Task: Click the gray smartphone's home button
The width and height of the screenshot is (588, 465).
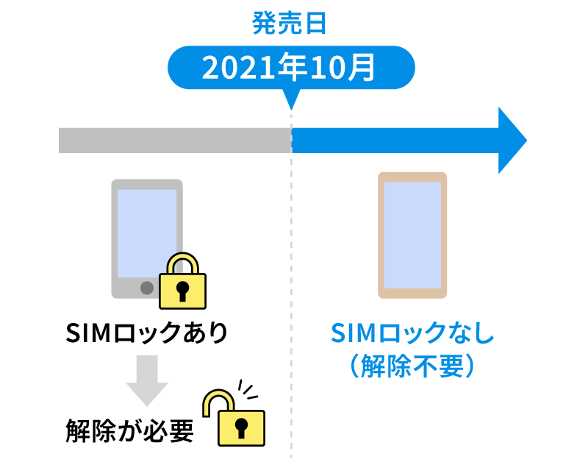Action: point(146,287)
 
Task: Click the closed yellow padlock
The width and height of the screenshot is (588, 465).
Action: point(182,283)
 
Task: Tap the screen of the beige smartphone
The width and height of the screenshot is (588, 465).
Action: point(412,235)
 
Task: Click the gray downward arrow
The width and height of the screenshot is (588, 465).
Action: point(146,378)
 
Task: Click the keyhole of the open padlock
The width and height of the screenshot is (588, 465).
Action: point(241,428)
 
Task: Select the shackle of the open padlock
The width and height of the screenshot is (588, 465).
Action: point(215,402)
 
